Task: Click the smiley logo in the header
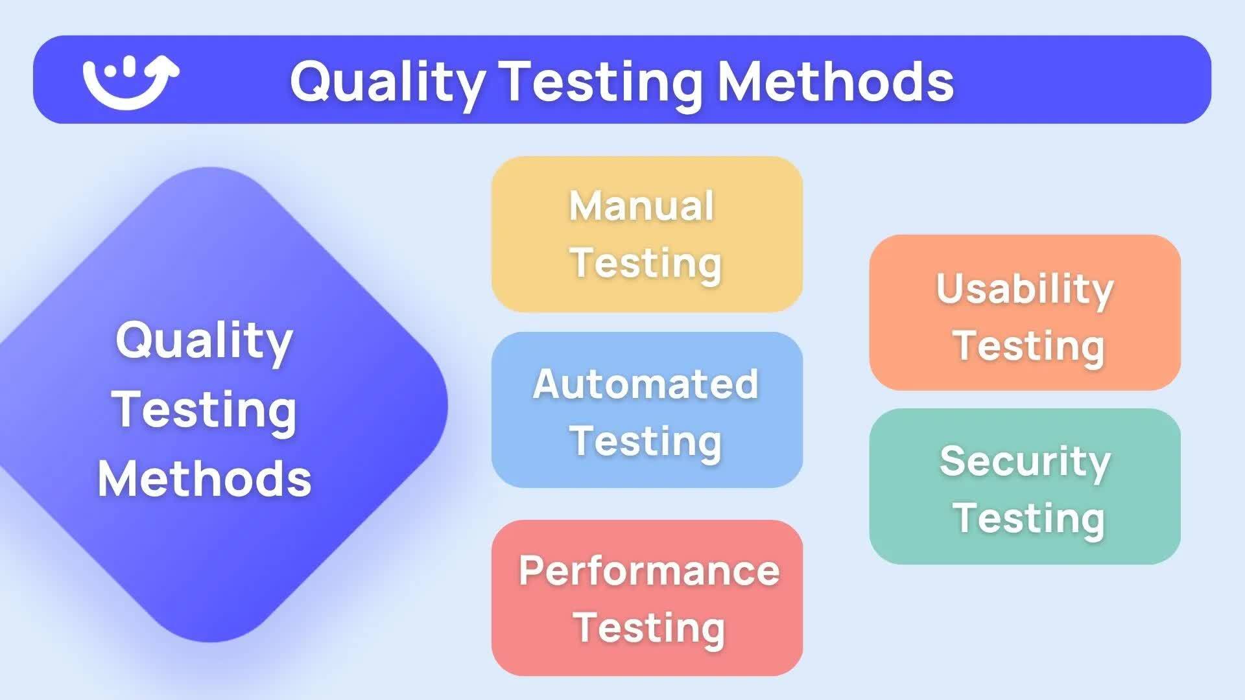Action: pyautogui.click(x=130, y=81)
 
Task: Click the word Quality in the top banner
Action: pyautogui.click(x=387, y=82)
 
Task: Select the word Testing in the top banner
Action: pyautogui.click(x=603, y=82)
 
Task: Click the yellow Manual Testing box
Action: pyautogui.click(x=646, y=234)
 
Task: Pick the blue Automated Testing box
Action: pyautogui.click(x=646, y=410)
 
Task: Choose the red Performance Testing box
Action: pyautogui.click(x=646, y=598)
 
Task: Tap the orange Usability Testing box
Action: pyautogui.click(x=1025, y=312)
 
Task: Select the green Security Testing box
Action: pyautogui.click(x=1025, y=486)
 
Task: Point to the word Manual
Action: pyautogui.click(x=641, y=206)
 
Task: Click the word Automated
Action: pyautogui.click(x=645, y=384)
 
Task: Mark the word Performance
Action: pyautogui.click(x=649, y=572)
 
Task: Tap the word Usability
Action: pyautogui.click(x=1025, y=289)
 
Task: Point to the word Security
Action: pyautogui.click(x=1025, y=461)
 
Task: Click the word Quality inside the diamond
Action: pyautogui.click(x=204, y=341)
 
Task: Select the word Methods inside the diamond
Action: pyautogui.click(x=204, y=479)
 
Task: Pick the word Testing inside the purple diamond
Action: pyautogui.click(x=204, y=410)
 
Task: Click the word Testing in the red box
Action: pyautogui.click(x=649, y=627)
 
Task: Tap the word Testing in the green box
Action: pyautogui.click(x=1028, y=518)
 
